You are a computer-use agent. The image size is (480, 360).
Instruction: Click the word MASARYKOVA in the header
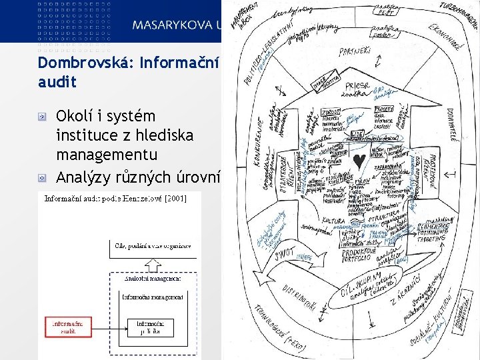[170, 26]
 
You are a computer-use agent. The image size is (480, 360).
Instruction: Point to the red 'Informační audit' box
[67, 327]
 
